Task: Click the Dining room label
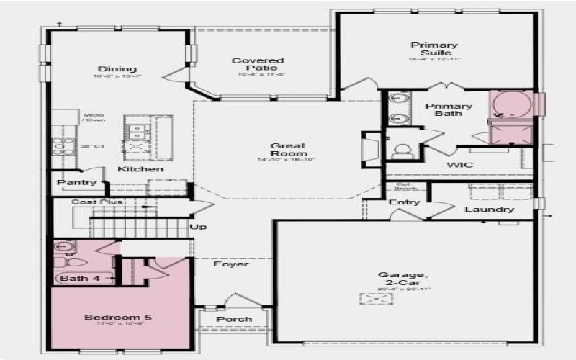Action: [x=117, y=69]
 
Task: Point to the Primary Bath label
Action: [x=448, y=110]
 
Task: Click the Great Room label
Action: [x=289, y=149]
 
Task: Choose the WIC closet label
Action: [x=459, y=165]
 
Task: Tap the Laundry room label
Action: [x=490, y=210]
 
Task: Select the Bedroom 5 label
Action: [x=118, y=317]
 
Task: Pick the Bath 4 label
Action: [x=75, y=278]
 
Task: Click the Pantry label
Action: [x=77, y=183]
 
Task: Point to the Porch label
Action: [x=234, y=319]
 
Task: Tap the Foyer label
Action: [x=230, y=264]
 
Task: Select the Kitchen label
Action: [x=140, y=169]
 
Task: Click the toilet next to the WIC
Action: [x=402, y=150]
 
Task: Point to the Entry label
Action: [x=404, y=202]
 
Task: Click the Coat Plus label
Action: [x=96, y=202]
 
